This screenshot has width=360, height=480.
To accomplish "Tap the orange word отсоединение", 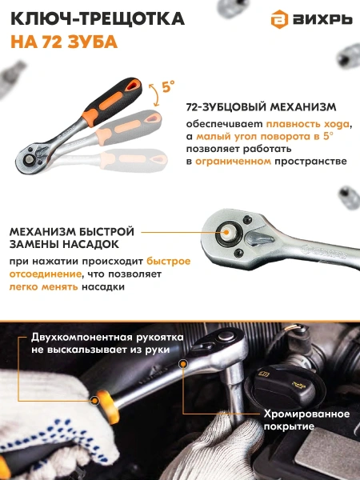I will (x=45, y=274).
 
